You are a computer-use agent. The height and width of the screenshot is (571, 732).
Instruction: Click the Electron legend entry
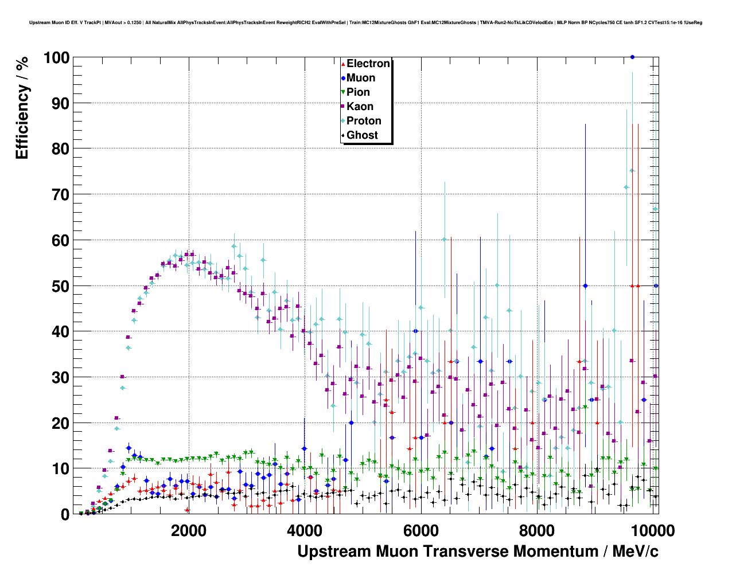(368, 64)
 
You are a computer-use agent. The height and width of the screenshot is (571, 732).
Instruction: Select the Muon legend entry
(360, 78)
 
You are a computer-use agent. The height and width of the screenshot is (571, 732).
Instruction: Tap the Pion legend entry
(358, 92)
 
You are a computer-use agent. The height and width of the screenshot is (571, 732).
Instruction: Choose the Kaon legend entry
(360, 107)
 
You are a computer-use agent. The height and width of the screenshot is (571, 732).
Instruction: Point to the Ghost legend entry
(362, 135)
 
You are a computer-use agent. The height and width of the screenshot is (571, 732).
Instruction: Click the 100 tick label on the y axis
(56, 58)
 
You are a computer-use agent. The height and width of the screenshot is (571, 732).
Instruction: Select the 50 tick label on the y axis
(60, 286)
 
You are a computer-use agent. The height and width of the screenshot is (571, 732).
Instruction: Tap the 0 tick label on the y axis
(65, 514)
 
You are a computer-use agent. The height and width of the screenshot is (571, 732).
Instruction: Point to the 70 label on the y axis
(60, 195)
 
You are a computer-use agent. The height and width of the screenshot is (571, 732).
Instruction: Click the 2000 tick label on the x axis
(189, 530)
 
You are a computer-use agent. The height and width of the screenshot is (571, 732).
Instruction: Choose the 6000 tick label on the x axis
(420, 530)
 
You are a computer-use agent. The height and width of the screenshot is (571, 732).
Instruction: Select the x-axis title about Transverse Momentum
(478, 552)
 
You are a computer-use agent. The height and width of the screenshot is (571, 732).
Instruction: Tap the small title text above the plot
(365, 23)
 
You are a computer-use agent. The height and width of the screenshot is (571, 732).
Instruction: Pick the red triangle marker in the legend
(343, 64)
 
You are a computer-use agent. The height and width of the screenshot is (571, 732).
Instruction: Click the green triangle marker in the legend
(343, 92)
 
